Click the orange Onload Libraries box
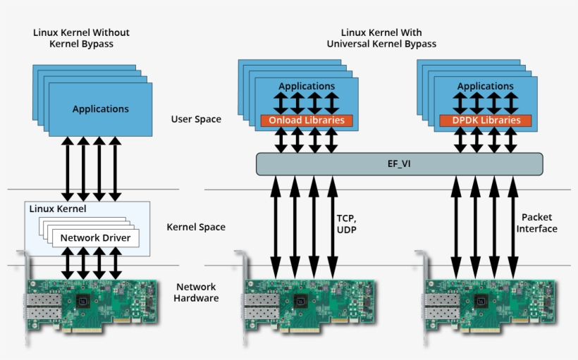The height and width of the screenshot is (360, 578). coord(306,120)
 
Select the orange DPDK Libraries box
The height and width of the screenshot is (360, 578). coord(485,120)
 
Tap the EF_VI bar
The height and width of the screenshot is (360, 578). coord(400,165)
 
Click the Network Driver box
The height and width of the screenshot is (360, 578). coord(95,238)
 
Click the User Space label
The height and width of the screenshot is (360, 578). coord(196,119)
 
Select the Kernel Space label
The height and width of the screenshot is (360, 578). coord(196,227)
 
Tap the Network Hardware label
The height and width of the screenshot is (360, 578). coord(197,292)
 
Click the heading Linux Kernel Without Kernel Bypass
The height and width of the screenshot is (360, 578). coord(81,38)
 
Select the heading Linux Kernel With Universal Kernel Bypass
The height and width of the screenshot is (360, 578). coord(381,38)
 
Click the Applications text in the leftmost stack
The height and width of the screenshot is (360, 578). coord(101,109)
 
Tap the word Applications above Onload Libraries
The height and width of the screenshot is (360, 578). coord(307,86)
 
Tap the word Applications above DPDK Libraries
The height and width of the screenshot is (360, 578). coord(486,86)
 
